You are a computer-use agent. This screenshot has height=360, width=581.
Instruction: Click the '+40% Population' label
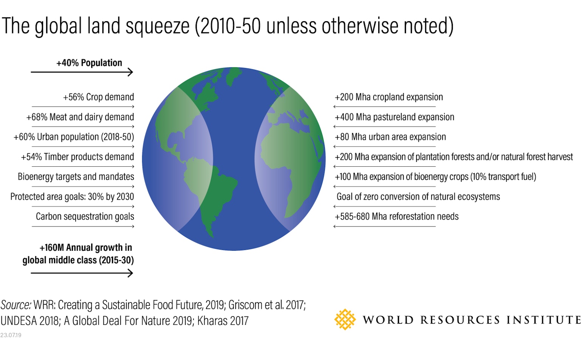pyautogui.click(x=89, y=63)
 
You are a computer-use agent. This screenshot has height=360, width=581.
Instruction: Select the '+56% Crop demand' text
pyautogui.click(x=98, y=97)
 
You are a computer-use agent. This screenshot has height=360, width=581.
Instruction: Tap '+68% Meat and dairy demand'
pyautogui.click(x=80, y=117)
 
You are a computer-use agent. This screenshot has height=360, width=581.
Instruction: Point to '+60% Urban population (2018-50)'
pyautogui.click(x=74, y=137)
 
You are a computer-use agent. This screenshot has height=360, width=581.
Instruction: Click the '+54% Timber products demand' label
pyautogui.click(x=78, y=157)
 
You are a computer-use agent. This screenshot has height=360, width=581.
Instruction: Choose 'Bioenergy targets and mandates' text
pyautogui.click(x=76, y=177)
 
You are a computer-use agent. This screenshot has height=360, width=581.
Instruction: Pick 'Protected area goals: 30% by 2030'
pyautogui.click(x=72, y=197)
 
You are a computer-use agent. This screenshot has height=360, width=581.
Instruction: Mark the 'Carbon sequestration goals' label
pyautogui.click(x=85, y=216)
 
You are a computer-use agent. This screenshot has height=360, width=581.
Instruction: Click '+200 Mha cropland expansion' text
pyautogui.click(x=389, y=97)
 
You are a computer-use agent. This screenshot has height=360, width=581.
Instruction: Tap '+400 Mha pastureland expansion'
pyautogui.click(x=395, y=117)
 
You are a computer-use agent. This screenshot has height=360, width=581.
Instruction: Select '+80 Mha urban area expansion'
pyautogui.click(x=390, y=137)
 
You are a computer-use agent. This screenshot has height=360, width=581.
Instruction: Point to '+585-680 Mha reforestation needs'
pyautogui.click(x=397, y=216)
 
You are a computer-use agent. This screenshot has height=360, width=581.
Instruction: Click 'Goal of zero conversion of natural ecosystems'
pyautogui.click(x=418, y=197)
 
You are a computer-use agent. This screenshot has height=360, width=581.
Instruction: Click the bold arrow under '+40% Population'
pyautogui.click(x=82, y=72)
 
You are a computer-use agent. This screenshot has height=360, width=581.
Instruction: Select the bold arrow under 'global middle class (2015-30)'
pyautogui.click(x=82, y=273)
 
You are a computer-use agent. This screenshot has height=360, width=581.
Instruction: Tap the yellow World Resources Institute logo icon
pyautogui.click(x=345, y=320)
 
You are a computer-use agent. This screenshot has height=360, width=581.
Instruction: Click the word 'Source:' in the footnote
pyautogui.click(x=16, y=305)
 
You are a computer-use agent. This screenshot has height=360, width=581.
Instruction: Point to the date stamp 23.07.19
pyautogui.click(x=11, y=335)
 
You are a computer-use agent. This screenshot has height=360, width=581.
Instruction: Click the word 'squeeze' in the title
pyautogui.click(x=158, y=26)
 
